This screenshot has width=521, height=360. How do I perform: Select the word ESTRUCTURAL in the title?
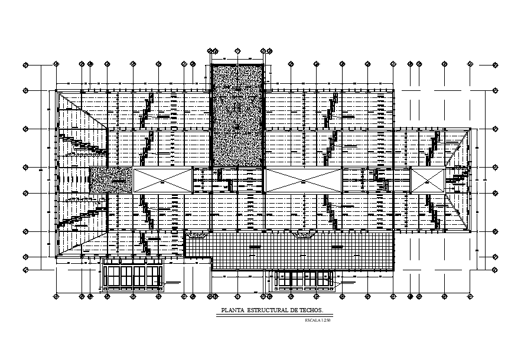(x=262, y=310)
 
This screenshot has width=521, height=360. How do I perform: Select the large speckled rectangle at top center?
(x=237, y=116)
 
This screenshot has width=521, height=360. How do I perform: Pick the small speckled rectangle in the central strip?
(x=110, y=179)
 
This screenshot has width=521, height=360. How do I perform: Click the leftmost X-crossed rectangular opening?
(x=163, y=179)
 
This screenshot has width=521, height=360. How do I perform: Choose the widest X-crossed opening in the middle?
(x=304, y=179)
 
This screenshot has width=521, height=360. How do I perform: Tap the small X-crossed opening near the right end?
(x=427, y=179)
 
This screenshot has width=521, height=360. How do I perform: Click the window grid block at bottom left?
(x=133, y=276)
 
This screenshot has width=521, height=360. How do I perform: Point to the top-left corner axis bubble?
(x=25, y=64)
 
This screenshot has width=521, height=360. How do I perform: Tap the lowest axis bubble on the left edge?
(x=25, y=270)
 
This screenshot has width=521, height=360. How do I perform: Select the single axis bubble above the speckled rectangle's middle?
(x=237, y=51)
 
